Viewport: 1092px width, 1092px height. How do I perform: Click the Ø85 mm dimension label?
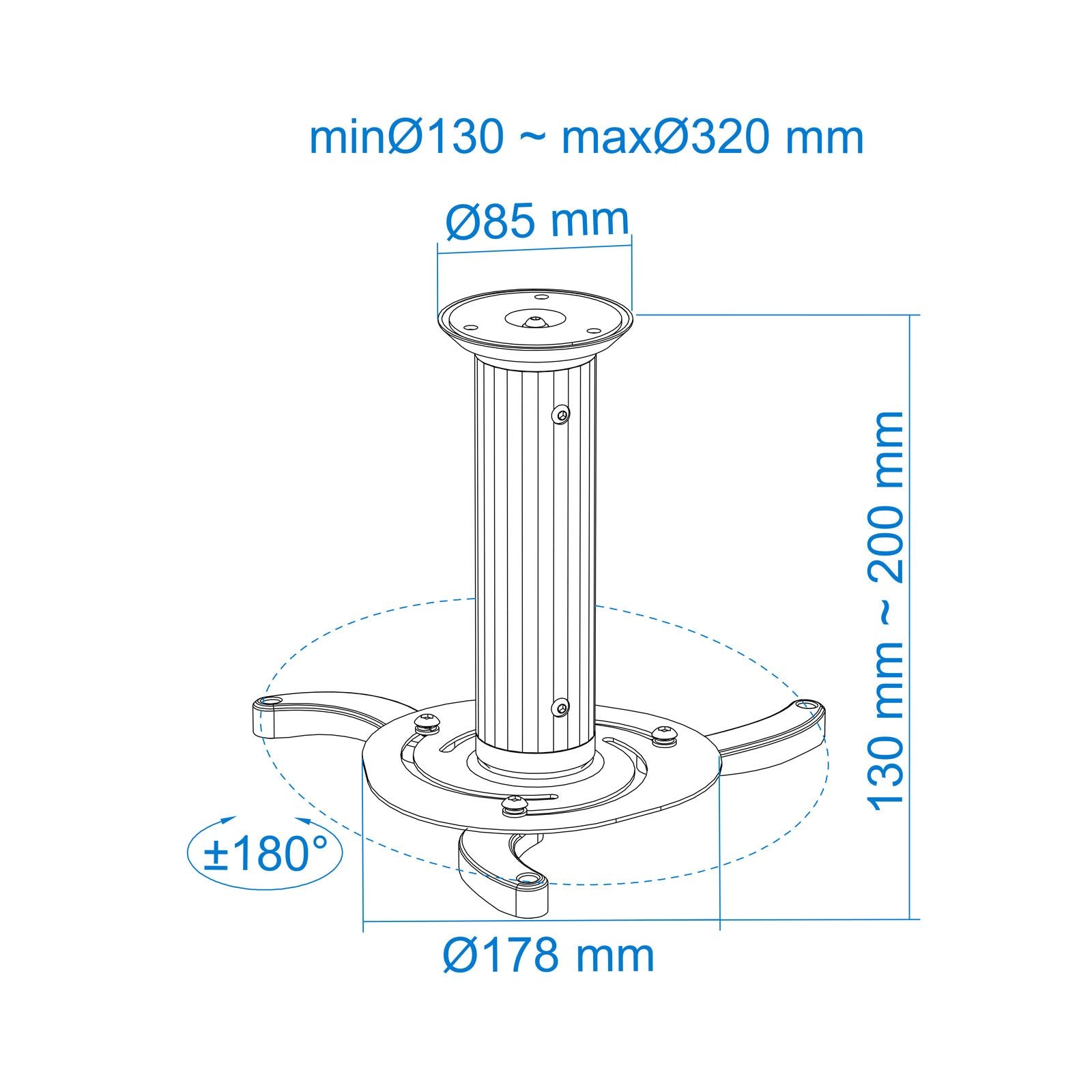click(x=537, y=220)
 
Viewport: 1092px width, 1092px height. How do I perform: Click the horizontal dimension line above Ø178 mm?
click(x=541, y=921)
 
